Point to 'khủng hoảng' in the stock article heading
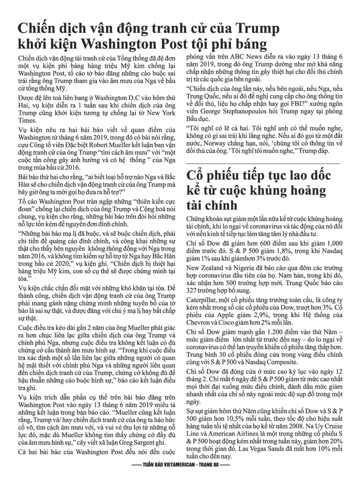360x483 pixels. [286, 191]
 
